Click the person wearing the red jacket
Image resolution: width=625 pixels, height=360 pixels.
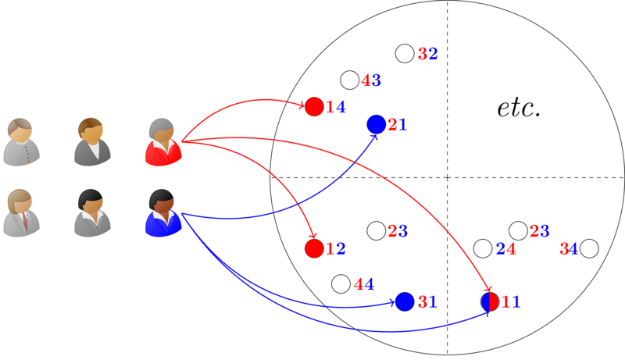(x=162, y=142)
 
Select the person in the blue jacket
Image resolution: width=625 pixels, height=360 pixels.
(x=162, y=213)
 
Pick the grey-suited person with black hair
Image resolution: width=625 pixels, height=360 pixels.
(x=91, y=213)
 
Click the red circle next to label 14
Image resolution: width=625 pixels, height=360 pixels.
(x=314, y=107)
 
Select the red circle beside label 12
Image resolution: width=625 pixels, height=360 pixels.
(x=314, y=249)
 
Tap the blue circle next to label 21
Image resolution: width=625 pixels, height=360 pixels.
(x=376, y=124)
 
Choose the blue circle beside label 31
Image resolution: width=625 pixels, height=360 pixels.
(x=405, y=301)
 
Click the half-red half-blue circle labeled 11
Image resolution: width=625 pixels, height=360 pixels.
(x=490, y=301)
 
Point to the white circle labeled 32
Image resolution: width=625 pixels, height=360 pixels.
(x=405, y=54)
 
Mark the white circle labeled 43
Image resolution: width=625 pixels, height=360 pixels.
(x=350, y=80)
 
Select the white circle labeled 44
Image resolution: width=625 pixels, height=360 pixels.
(x=341, y=284)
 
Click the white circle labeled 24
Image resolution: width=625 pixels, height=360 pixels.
(x=483, y=249)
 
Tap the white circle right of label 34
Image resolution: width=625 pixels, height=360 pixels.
(x=589, y=249)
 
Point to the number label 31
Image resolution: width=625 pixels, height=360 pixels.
(x=427, y=302)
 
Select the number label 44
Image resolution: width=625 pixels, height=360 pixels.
(x=363, y=284)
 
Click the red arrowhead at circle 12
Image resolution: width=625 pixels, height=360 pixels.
(x=312, y=236)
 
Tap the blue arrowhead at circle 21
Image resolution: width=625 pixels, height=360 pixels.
(x=373, y=138)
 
